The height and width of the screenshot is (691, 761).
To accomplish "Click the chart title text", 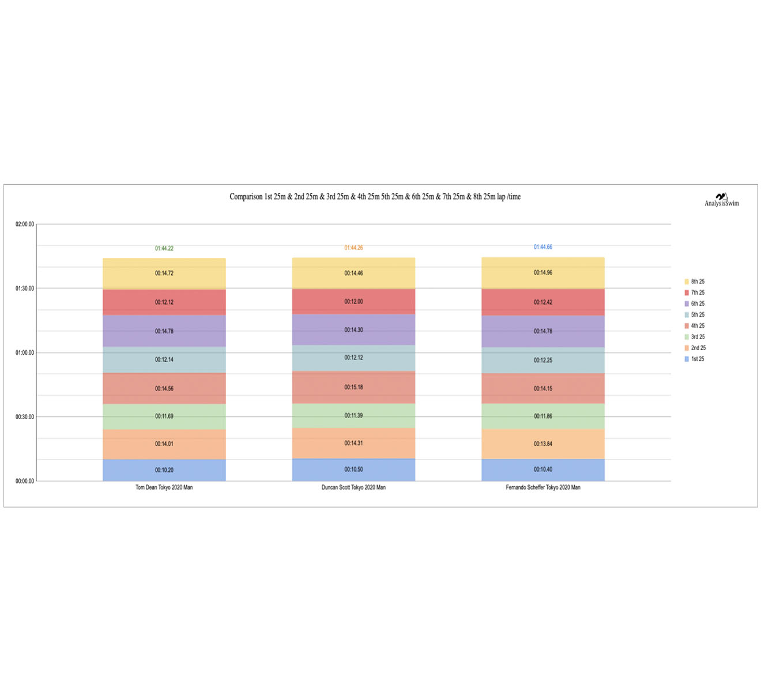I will (x=375, y=197).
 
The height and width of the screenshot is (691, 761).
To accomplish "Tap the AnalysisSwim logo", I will (x=721, y=200).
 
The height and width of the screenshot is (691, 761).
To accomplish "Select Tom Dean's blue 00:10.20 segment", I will (x=164, y=470).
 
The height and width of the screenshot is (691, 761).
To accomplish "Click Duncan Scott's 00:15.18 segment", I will (x=353, y=387).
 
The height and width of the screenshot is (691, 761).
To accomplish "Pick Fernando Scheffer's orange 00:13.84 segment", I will (x=543, y=444).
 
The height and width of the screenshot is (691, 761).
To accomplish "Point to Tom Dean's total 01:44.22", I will (x=164, y=248).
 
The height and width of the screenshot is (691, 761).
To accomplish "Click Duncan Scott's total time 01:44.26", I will (x=353, y=248).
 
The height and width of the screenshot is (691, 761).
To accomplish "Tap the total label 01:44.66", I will (x=543, y=247).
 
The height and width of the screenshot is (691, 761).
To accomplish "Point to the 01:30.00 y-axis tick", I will (x=25, y=288).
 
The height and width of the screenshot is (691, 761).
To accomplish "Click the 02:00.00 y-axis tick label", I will (x=25, y=225).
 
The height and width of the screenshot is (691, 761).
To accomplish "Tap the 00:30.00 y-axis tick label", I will (x=25, y=417).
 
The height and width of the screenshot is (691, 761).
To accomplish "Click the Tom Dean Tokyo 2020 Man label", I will (x=164, y=487).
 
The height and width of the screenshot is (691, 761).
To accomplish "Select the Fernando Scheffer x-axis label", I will (x=543, y=487).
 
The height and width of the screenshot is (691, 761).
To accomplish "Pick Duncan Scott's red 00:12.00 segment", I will (x=353, y=301).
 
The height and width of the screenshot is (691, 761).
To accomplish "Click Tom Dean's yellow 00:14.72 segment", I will (x=164, y=274).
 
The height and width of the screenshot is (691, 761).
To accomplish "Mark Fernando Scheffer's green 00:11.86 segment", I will (x=543, y=416).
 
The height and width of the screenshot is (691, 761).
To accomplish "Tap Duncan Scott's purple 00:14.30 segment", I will (x=353, y=330).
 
